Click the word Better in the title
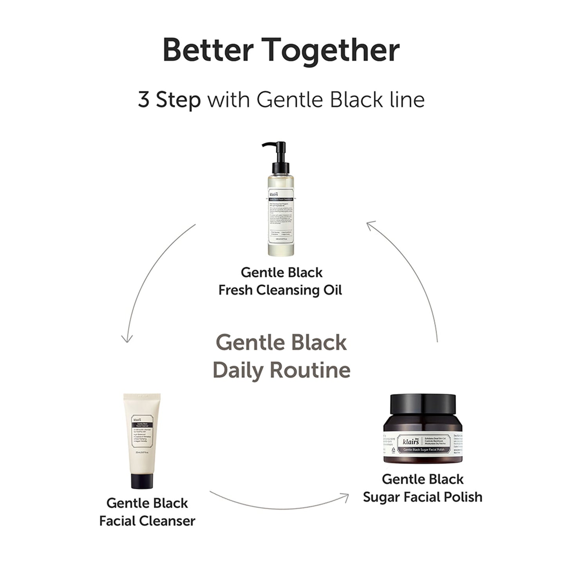[x=208, y=50]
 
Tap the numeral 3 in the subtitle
[x=144, y=99]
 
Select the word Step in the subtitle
[x=178, y=100]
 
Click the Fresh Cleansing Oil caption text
[x=280, y=290]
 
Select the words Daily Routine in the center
[x=281, y=370]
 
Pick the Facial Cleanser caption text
[x=147, y=521]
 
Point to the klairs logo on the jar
[x=410, y=441]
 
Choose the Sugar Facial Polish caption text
[x=422, y=497]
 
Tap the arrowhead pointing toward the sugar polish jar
[x=345, y=497]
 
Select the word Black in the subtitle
[x=356, y=99]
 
